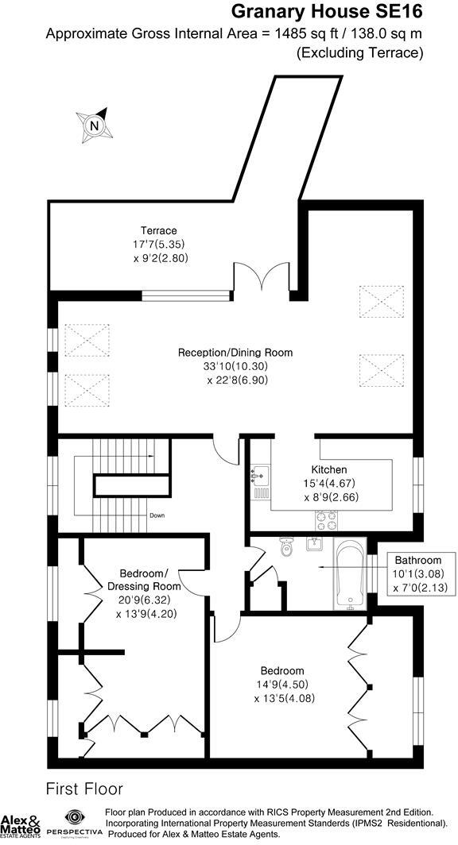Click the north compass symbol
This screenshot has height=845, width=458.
pyautogui.click(x=95, y=125)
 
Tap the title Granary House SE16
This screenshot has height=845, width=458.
pyautogui.click(x=326, y=12)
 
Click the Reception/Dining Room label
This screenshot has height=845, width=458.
pyautogui.click(x=235, y=353)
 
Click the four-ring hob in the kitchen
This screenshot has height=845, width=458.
pyautogui.click(x=326, y=520)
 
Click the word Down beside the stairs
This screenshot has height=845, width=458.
pyautogui.click(x=157, y=515)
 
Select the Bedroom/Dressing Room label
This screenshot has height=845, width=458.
pyautogui.click(x=150, y=580)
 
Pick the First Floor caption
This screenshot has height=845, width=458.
pyautogui.click(x=84, y=789)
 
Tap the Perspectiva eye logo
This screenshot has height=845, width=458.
pyautogui.click(x=75, y=818)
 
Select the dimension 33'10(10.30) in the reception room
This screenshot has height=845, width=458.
pyautogui.click(x=235, y=367)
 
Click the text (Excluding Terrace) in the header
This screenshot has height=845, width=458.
pyautogui.click(x=359, y=53)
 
